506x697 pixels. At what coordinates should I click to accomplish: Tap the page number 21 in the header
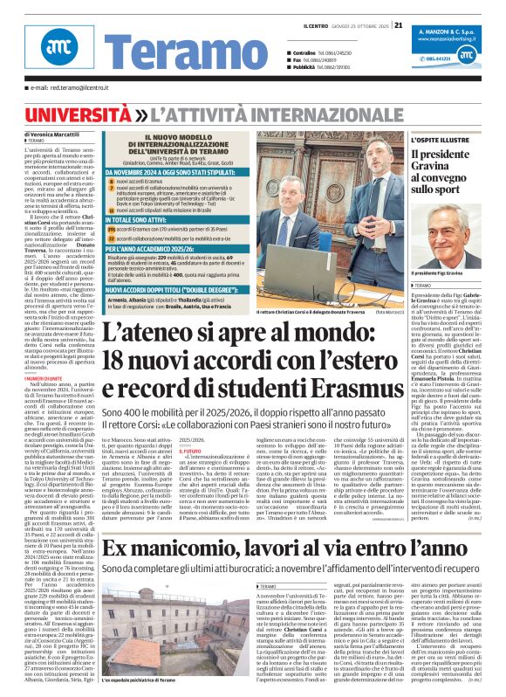(x=398, y=24)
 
